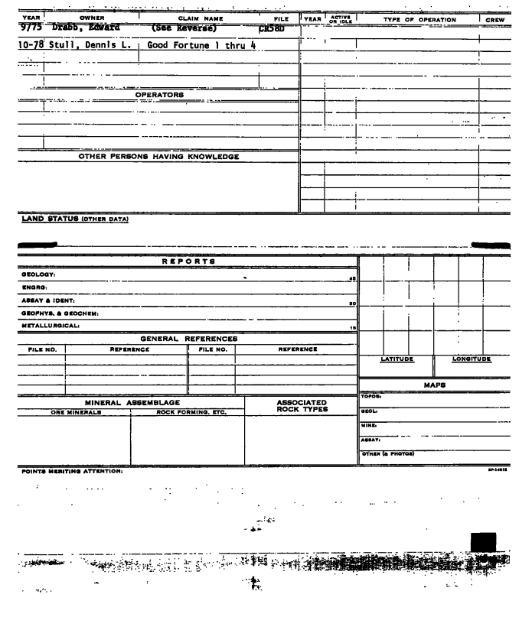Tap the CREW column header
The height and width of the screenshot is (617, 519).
tap(497, 16)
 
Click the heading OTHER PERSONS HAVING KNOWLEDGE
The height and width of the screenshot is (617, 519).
tap(159, 157)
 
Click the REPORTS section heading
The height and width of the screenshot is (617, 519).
tap(187, 261)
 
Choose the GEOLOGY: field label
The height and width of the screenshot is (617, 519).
tap(19, 273)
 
